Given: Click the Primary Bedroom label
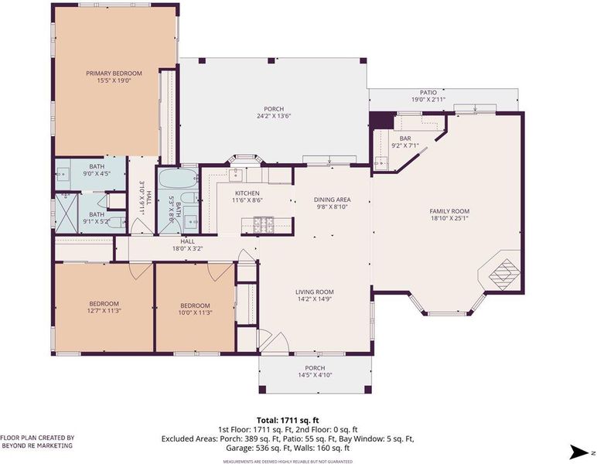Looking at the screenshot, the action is point(114,73).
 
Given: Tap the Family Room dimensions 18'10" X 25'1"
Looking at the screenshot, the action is point(449,219).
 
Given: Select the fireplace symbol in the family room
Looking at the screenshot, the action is point(503,270).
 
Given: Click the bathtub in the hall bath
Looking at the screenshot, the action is point(178,179).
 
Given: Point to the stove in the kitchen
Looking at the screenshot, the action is point(264,221).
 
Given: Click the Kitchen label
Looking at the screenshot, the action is point(247,193).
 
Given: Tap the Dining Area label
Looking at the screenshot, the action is point(332,200).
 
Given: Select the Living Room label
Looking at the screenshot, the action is point(315,292).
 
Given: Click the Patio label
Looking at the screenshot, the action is point(428,93).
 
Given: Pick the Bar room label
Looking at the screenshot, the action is point(405,138).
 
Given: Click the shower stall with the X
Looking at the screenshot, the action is point(67,213).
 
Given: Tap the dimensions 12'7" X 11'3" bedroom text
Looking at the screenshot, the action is point(104,311).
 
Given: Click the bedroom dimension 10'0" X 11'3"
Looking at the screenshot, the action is point(195,313).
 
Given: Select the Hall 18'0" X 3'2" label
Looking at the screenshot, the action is point(187,245).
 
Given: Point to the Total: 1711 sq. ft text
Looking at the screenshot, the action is point(288,421).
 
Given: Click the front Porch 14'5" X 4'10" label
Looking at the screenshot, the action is point(315,371).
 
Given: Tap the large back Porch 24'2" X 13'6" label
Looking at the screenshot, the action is point(274,113).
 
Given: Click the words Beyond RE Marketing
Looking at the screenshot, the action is point(37,445).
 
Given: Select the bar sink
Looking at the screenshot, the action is point(380,163).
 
